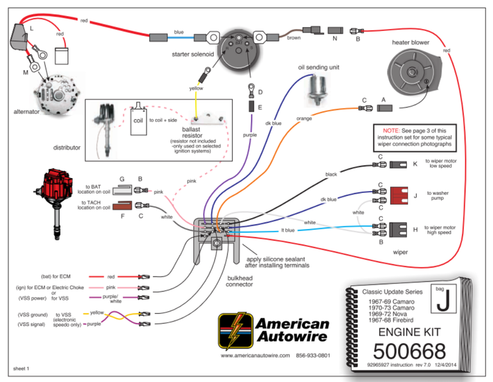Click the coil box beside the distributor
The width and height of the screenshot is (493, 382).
138,120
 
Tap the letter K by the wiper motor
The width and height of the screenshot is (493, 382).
415,165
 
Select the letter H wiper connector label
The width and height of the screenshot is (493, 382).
415,230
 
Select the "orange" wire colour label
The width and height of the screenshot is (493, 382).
304,119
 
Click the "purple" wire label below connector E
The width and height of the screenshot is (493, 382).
250,136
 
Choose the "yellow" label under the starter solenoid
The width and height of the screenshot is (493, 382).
196,88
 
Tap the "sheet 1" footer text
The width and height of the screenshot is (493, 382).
22,369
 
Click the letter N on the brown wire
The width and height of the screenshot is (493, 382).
334,39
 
